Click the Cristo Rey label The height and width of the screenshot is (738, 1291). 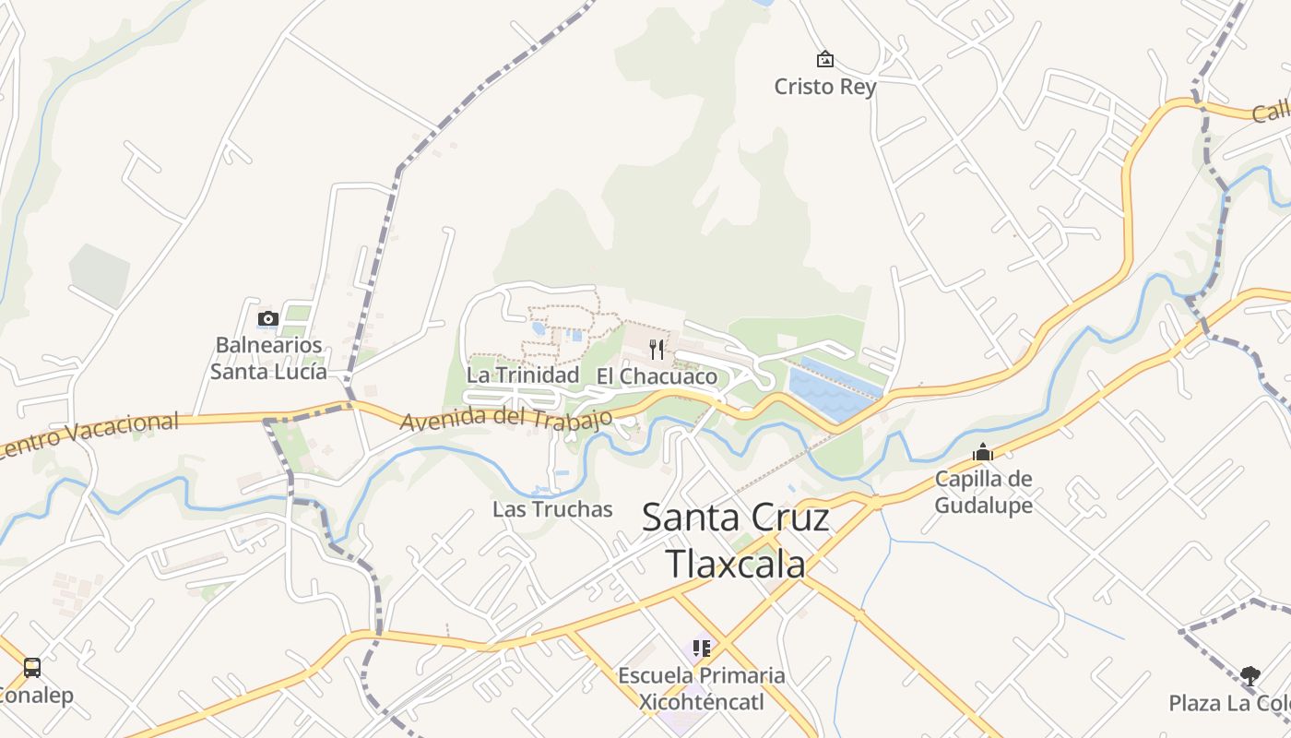click(824, 87)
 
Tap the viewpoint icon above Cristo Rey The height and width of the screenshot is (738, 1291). click(824, 60)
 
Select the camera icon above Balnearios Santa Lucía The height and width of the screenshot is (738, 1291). click(268, 319)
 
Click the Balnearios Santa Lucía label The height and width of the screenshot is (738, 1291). click(268, 358)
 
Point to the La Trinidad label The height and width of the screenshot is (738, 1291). click(522, 375)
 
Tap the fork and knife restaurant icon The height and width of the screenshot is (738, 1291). click(657, 349)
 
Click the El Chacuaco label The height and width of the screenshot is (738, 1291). click(657, 376)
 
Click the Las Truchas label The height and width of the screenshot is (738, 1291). click(551, 509)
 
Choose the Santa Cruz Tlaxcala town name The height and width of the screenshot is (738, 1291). click(735, 541)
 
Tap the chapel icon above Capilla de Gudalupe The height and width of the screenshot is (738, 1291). click(983, 453)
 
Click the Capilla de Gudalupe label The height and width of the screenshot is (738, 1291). click(983, 492)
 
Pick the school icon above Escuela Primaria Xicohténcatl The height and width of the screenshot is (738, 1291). click(702, 649)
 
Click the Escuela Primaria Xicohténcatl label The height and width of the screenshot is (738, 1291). click(702, 688)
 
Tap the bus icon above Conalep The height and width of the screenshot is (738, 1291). click(32, 667)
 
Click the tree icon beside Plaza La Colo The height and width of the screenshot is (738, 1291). click(1250, 676)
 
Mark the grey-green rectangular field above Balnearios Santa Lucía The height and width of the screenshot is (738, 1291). click(100, 275)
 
